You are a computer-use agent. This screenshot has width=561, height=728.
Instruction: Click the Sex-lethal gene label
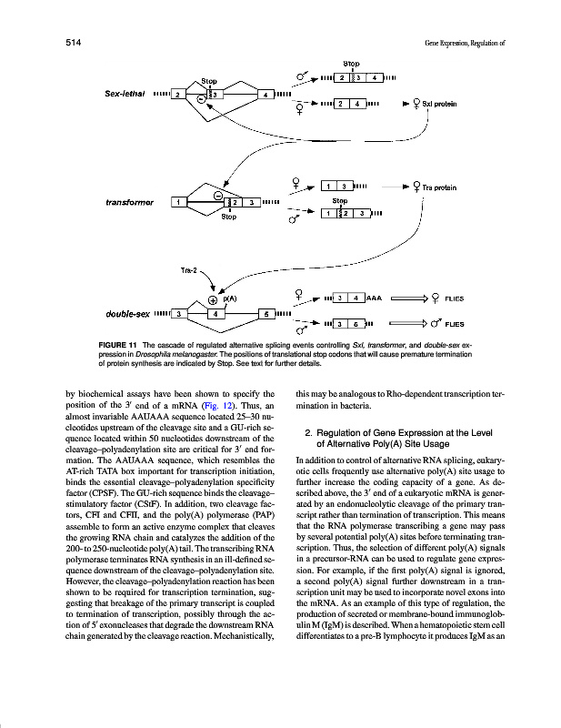(x=125, y=95)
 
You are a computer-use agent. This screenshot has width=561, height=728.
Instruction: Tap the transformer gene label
(x=128, y=201)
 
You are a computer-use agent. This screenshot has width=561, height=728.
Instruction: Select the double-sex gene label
(x=126, y=315)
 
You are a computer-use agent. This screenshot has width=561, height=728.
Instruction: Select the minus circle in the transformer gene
(x=218, y=193)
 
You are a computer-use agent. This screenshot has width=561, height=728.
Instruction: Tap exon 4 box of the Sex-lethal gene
(x=265, y=94)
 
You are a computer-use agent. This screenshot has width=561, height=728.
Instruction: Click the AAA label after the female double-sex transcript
(x=374, y=298)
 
